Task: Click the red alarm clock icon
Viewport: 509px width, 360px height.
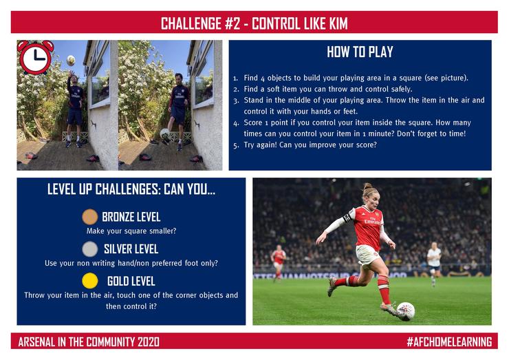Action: pyautogui.click(x=35, y=58)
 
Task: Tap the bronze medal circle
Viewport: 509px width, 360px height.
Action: pyautogui.click(x=90, y=217)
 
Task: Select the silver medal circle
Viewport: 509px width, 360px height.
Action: pyautogui.click(x=90, y=249)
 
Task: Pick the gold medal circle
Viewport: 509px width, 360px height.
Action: pyautogui.click(x=90, y=281)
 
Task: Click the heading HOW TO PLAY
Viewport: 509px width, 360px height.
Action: pyautogui.click(x=360, y=52)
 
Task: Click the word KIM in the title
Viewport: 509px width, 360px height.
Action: pyautogui.click(x=338, y=23)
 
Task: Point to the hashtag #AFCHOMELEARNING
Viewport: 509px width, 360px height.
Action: pyautogui.click(x=449, y=342)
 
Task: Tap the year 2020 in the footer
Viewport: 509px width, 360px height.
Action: pyautogui.click(x=149, y=342)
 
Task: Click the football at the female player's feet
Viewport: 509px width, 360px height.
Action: pyautogui.click(x=406, y=310)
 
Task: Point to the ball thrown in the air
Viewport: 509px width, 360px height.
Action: pyautogui.click(x=71, y=60)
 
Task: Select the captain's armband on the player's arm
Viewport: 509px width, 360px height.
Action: pyautogui.click(x=347, y=218)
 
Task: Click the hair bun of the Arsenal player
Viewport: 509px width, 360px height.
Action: pyautogui.click(x=367, y=187)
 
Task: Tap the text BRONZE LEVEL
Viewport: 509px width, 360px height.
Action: pyautogui.click(x=131, y=217)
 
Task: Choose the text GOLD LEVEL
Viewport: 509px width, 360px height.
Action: pyautogui.click(x=131, y=281)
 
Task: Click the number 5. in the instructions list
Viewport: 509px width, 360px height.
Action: pyautogui.click(x=236, y=145)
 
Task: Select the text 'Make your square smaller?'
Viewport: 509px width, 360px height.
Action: pyautogui.click(x=131, y=231)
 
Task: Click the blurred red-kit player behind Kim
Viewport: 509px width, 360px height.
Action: pyautogui.click(x=279, y=262)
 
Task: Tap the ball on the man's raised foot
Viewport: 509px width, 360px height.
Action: pyautogui.click(x=165, y=134)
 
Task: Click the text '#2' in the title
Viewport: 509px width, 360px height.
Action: pyautogui.click(x=232, y=23)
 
